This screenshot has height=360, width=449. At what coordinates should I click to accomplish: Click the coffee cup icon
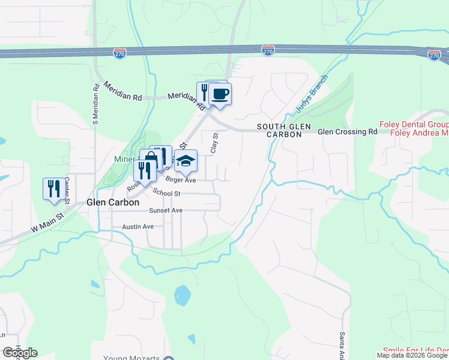[220, 94]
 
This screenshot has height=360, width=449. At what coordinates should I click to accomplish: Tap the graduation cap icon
[186, 161]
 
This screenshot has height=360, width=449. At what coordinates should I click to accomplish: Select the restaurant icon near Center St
[54, 188]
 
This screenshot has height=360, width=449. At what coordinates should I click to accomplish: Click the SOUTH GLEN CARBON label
[279, 130]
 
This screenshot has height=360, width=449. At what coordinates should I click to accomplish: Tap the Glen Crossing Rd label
[348, 131]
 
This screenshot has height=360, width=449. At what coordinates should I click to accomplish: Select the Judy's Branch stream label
[313, 94]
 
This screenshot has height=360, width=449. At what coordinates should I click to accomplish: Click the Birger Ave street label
[181, 179]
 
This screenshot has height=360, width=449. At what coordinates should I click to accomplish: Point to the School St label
[166, 193]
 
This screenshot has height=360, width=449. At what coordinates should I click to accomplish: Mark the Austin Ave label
[138, 227]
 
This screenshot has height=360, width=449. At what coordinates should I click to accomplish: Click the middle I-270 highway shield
[268, 51]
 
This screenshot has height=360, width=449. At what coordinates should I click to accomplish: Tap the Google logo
[20, 353]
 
